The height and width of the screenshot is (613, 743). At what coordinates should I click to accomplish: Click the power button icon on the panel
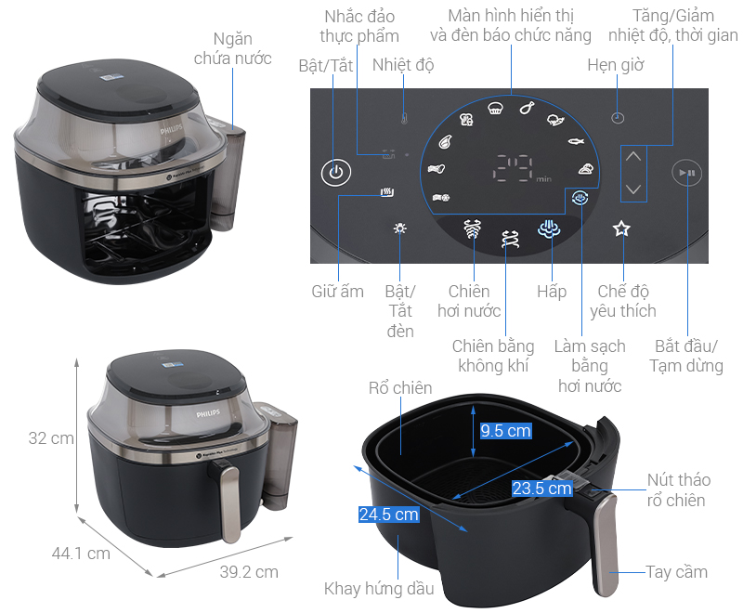(x=336, y=173)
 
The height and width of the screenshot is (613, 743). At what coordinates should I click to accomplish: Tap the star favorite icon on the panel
(x=621, y=229)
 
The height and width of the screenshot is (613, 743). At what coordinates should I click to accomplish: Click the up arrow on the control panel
(x=633, y=156)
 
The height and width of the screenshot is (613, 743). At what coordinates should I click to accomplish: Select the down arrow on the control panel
(x=633, y=189)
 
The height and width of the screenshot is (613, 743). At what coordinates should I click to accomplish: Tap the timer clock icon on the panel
(x=618, y=118)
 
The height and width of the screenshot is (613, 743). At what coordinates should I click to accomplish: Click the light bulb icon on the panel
(x=399, y=229)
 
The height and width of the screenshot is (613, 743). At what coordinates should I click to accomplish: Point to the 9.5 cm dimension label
(x=505, y=431)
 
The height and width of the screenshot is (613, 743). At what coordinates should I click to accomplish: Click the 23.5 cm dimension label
(x=541, y=489)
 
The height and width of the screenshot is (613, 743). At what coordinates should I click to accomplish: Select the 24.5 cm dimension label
(x=389, y=514)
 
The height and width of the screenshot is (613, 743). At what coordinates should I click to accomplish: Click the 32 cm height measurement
(x=51, y=438)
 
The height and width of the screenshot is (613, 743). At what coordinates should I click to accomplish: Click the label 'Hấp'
(x=552, y=292)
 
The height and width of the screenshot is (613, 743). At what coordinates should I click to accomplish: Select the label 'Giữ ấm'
(x=337, y=292)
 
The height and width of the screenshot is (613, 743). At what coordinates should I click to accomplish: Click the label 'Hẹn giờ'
(x=616, y=65)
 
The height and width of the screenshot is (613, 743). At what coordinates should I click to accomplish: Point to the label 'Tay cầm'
(x=677, y=571)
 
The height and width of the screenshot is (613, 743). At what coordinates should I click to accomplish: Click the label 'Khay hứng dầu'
(x=379, y=589)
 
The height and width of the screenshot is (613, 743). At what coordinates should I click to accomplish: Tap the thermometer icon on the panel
(x=404, y=118)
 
